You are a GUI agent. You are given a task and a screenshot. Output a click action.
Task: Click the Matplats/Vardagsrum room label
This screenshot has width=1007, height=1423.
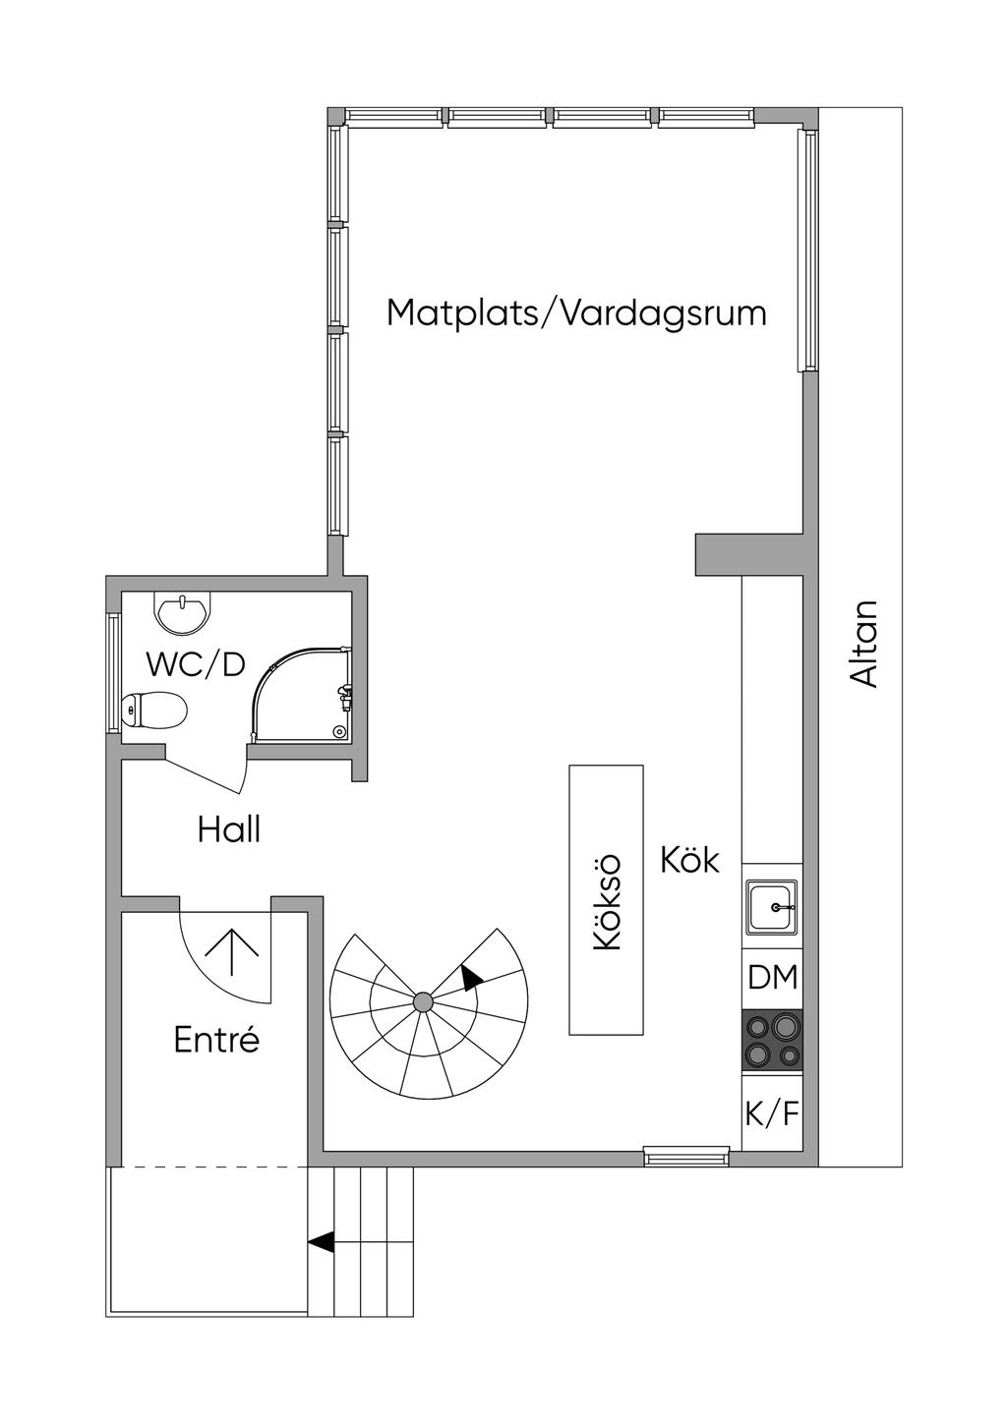(x=576, y=313)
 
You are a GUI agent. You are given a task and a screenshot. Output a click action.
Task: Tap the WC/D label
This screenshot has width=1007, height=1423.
(x=195, y=664)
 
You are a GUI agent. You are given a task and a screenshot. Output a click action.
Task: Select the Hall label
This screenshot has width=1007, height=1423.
(x=229, y=829)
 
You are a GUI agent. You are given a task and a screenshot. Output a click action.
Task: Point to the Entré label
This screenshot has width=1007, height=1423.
(x=216, y=1040)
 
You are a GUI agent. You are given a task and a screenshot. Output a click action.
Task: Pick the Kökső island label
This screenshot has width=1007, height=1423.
(x=606, y=902)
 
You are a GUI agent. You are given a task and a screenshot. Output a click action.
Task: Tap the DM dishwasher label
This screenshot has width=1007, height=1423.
(x=772, y=977)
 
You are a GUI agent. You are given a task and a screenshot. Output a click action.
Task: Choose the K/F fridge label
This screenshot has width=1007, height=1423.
(x=772, y=1113)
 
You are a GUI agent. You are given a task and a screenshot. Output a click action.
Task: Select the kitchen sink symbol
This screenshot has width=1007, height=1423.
(x=772, y=906)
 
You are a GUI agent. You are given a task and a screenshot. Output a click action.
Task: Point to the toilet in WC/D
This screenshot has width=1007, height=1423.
(x=153, y=710)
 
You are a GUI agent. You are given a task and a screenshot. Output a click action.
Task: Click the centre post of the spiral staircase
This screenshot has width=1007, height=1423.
(x=423, y=1002)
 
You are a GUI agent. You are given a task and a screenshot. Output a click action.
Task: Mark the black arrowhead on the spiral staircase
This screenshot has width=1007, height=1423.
(x=471, y=979)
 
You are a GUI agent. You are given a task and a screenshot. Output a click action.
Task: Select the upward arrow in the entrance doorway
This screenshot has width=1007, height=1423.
(x=231, y=952)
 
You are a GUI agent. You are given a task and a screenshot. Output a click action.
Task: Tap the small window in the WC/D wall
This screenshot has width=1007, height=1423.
(x=113, y=674)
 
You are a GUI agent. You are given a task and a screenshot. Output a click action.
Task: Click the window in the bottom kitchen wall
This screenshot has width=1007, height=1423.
(x=686, y=1156)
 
